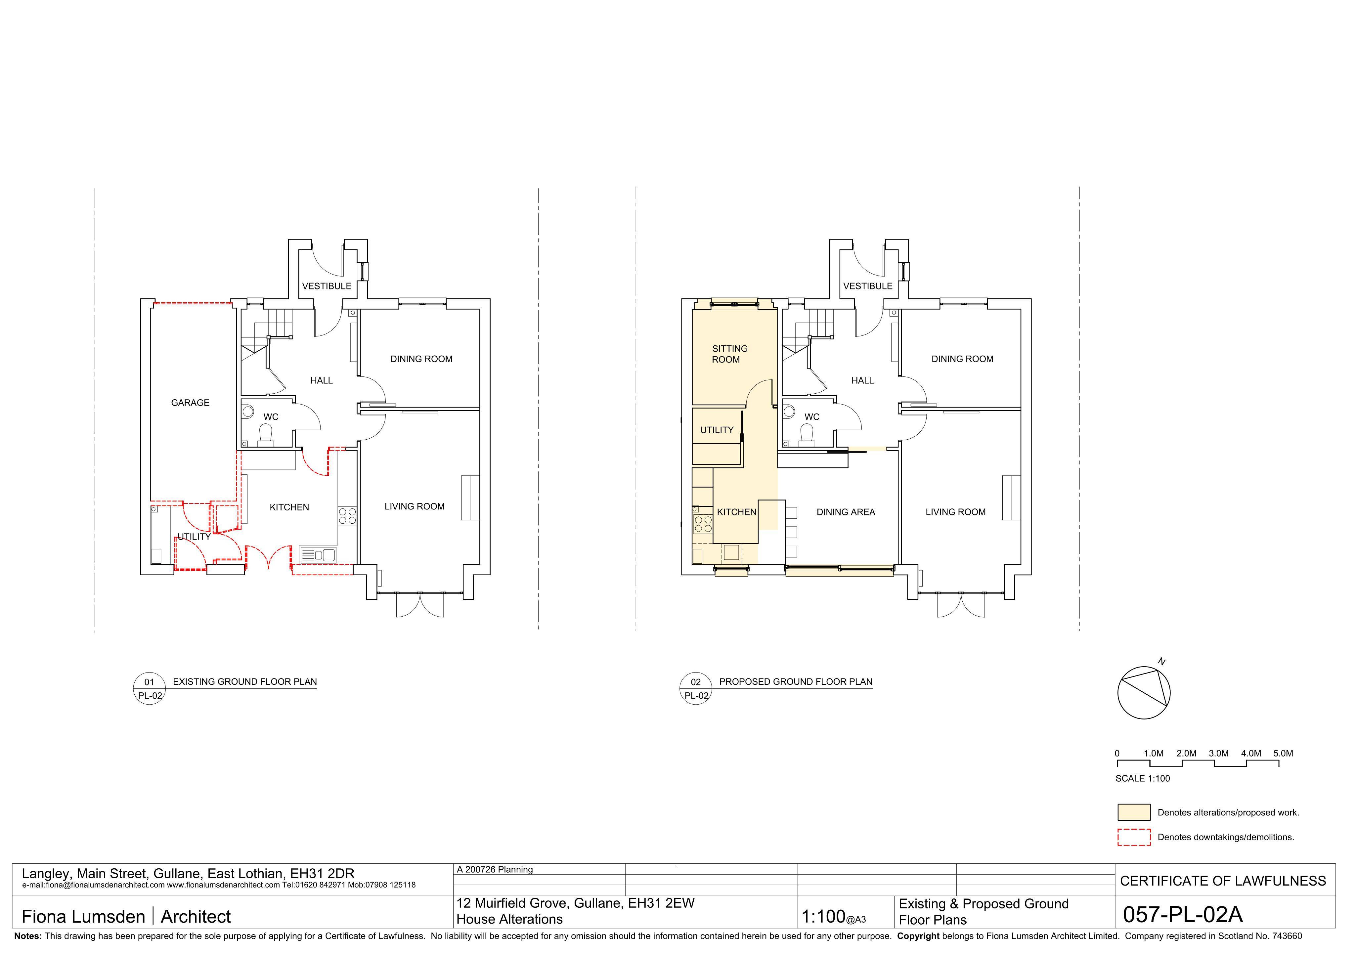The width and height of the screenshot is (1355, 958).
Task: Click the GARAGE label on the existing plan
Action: [190, 403]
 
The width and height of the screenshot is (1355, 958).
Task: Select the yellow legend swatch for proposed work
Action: [1134, 812]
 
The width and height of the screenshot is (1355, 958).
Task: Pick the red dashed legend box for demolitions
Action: [1134, 837]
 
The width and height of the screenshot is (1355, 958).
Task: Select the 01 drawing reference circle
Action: [149, 689]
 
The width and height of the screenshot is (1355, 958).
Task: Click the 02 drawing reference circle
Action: [696, 689]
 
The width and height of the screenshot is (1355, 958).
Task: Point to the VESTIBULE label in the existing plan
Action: [327, 286]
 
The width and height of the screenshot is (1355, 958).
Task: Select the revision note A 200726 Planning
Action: [495, 869]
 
